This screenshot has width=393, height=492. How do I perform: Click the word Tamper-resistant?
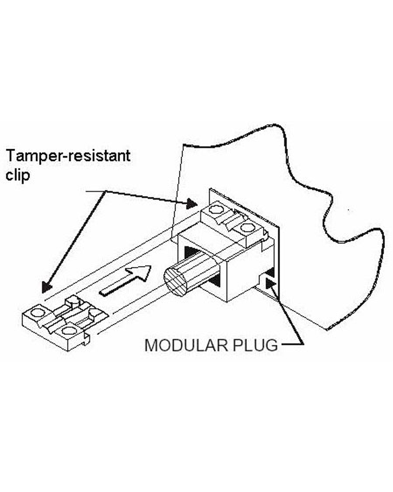68,156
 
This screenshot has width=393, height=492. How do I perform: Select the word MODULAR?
186,345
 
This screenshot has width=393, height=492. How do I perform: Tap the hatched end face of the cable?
175,282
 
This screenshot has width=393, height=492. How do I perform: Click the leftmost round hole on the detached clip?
37,313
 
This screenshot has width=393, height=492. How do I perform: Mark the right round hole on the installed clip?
247,228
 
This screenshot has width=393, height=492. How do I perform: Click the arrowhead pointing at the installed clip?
192,203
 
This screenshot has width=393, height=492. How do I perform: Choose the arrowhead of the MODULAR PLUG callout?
271,282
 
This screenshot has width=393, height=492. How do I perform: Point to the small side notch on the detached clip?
86,337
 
